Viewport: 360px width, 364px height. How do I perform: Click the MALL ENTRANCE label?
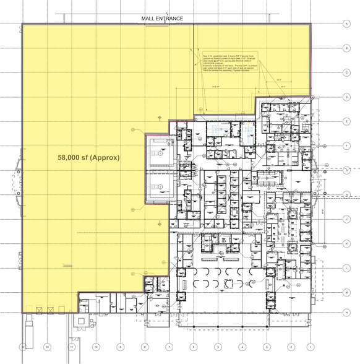tap(162, 19)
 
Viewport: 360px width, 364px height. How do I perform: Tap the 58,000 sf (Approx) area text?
tap(88, 158)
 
